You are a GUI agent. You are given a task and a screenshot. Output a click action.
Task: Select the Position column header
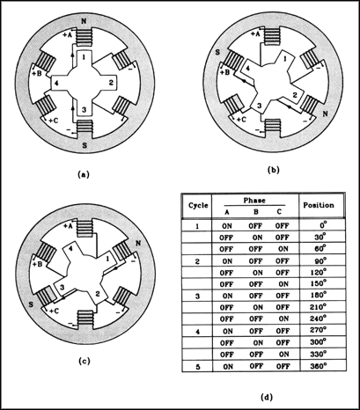[319, 205]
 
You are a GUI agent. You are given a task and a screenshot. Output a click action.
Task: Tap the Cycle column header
[198, 205]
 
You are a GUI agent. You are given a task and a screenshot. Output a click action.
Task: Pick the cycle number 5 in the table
[198, 367]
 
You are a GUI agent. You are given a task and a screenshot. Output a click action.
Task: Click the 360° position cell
[319, 366]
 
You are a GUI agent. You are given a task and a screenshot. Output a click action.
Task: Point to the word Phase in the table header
[254, 201]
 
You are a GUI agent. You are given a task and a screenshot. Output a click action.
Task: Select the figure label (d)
[267, 398]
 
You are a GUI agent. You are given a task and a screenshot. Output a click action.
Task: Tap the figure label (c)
[84, 362]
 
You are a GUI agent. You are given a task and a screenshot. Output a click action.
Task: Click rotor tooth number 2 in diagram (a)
[111, 83]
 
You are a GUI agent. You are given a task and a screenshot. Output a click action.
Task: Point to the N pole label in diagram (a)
[84, 21]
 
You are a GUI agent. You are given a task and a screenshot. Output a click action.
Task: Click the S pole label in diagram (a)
[84, 145]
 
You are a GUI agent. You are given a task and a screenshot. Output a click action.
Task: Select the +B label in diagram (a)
[37, 74]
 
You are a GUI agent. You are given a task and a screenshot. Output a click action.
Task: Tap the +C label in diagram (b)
[242, 120]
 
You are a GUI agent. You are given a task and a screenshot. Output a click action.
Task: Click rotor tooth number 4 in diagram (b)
[247, 69]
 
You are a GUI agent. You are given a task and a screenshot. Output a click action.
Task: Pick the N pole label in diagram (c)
[138, 243]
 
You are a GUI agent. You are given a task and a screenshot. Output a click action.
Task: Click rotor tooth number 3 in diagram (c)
[62, 288]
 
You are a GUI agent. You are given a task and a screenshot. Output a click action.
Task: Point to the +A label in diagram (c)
[68, 226]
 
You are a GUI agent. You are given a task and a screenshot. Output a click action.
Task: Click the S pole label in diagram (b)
[217, 53]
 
